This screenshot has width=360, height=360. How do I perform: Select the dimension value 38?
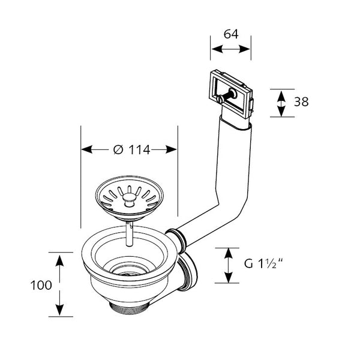301,102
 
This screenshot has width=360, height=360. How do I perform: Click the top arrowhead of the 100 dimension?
60,257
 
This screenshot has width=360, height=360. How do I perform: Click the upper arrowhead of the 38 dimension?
280,92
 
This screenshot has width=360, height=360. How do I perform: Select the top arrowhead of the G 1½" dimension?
228,251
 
